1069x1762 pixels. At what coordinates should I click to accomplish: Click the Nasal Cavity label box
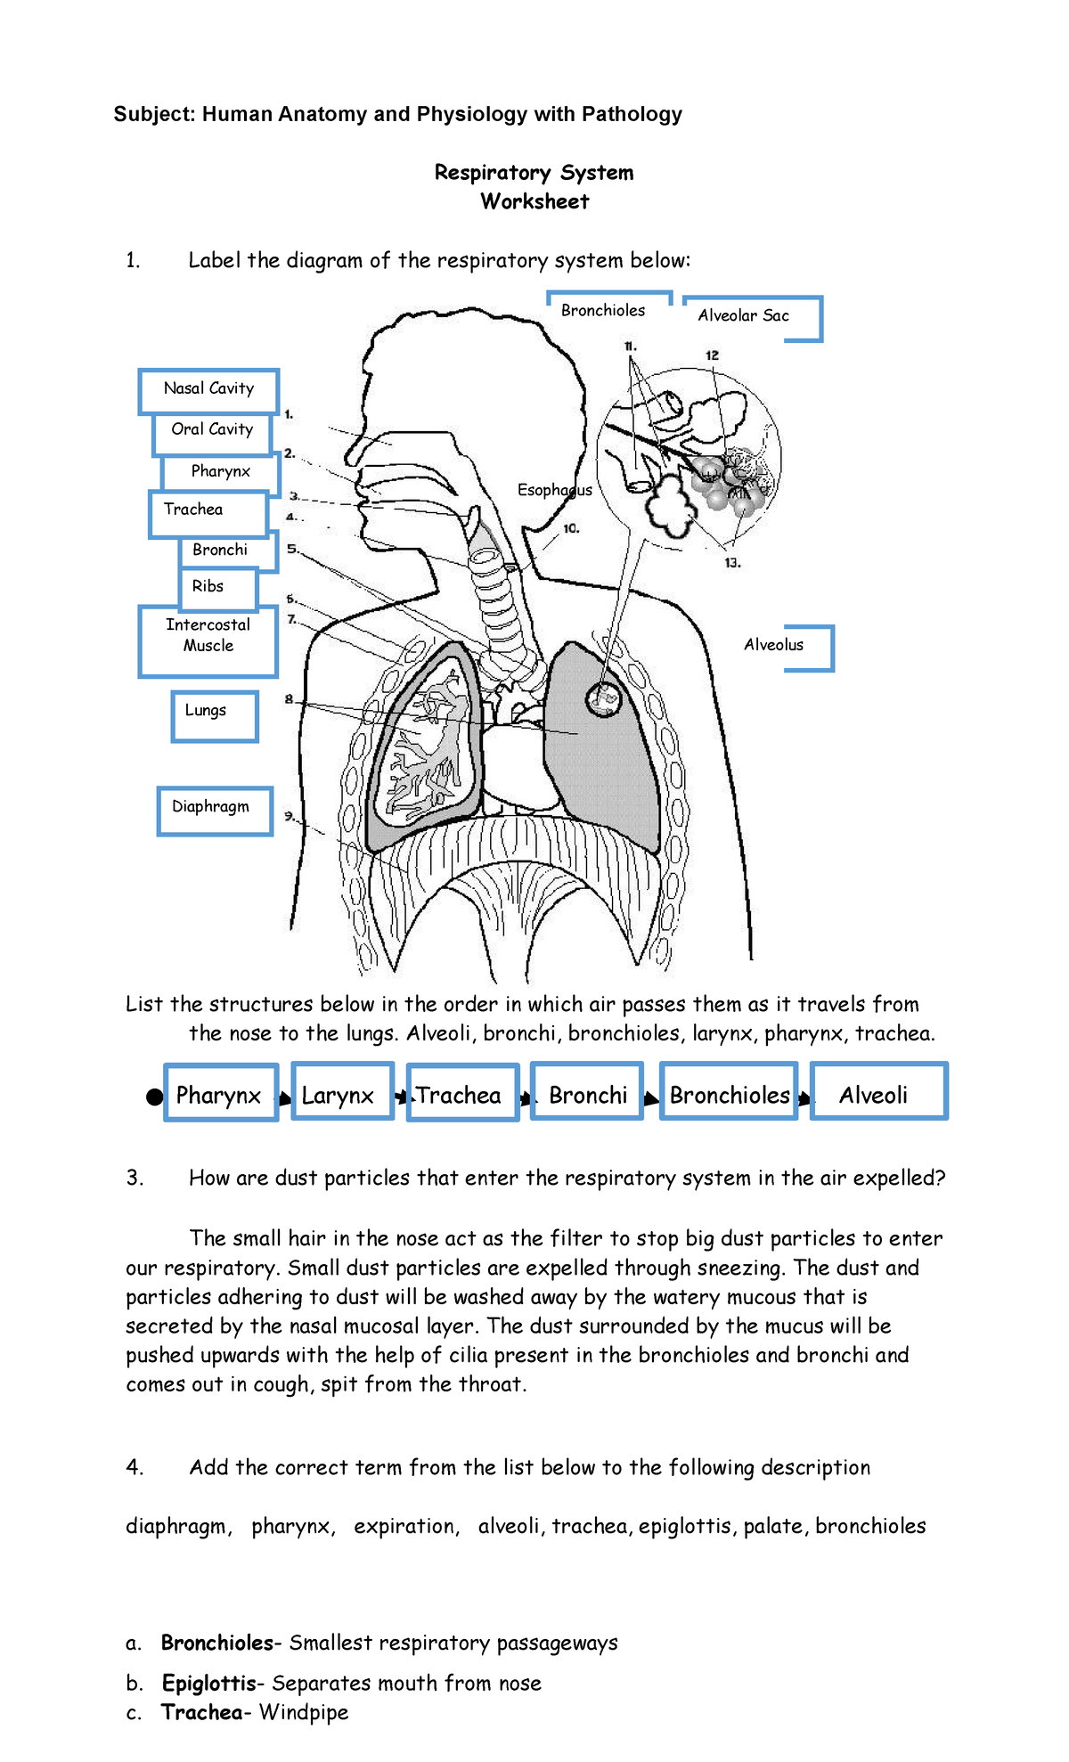pyautogui.click(x=208, y=390)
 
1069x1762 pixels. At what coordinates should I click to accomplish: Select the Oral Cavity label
pyautogui.click(x=212, y=431)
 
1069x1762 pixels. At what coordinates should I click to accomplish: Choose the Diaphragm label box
pyautogui.click(x=214, y=810)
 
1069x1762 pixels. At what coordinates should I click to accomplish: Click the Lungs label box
pyautogui.click(x=214, y=715)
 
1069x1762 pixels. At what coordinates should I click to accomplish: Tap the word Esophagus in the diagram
pyautogui.click(x=554, y=490)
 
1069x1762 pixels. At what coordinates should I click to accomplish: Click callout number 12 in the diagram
pyautogui.click(x=712, y=355)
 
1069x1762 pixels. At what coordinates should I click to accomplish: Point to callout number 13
pyautogui.click(x=732, y=563)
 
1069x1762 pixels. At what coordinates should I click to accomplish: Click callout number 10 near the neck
pyautogui.click(x=571, y=528)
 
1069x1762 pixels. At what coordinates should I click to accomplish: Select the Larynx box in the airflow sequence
pyautogui.click(x=341, y=1093)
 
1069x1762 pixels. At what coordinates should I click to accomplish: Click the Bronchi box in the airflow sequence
pyautogui.click(x=587, y=1093)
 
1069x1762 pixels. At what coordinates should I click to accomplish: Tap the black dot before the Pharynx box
pyautogui.click(x=155, y=1097)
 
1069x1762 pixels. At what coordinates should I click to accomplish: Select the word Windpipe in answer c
pyautogui.click(x=304, y=1712)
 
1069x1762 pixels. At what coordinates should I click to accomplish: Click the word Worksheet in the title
pyautogui.click(x=534, y=201)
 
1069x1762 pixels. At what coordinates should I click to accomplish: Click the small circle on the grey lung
pyautogui.click(x=603, y=699)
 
